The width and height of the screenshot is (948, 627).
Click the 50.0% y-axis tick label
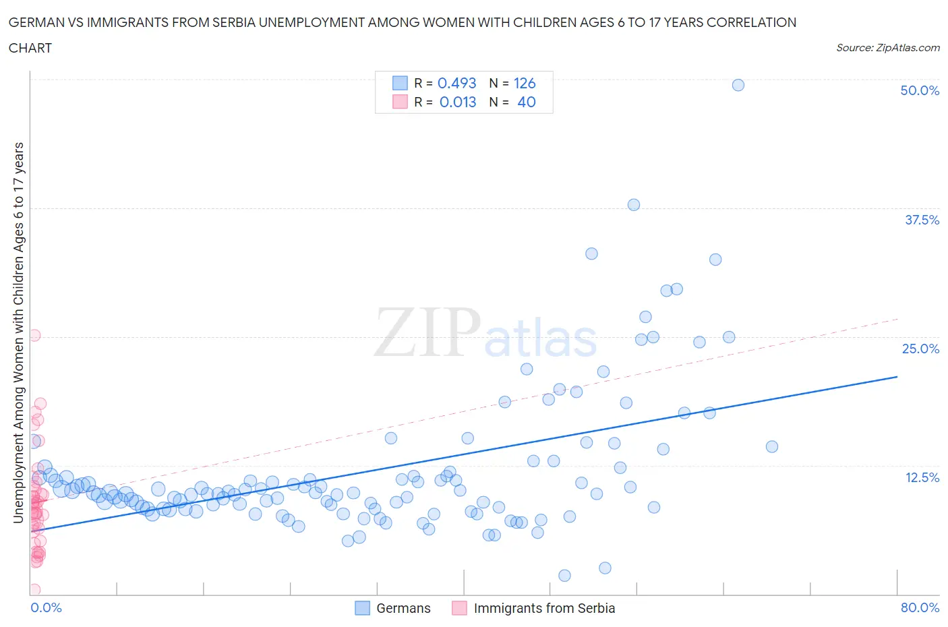pyautogui.click(x=920, y=90)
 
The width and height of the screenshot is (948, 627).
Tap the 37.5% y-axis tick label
pyautogui.click(x=922, y=220)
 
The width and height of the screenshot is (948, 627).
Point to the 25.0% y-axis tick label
pyautogui.click(x=920, y=349)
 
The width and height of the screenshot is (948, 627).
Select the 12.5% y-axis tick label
pyautogui.click(x=922, y=477)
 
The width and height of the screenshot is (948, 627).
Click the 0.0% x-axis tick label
pyautogui.click(x=46, y=607)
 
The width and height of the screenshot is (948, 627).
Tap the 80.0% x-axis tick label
pyautogui.click(x=920, y=607)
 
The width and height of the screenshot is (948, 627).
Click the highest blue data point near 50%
pyautogui.click(x=738, y=85)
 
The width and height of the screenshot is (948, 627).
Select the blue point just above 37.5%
pyautogui.click(x=633, y=205)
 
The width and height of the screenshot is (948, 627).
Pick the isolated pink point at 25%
pyautogui.click(x=34, y=335)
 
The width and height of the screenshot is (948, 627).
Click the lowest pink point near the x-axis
pyautogui.click(x=34, y=590)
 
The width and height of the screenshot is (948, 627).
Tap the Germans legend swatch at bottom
pyautogui.click(x=363, y=608)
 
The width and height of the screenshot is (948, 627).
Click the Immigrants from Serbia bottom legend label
pyautogui.click(x=544, y=608)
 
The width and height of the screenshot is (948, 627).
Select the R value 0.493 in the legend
pyautogui.click(x=456, y=83)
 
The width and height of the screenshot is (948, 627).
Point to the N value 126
pyautogui.click(x=524, y=83)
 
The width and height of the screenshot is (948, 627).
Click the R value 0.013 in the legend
pyautogui.click(x=457, y=102)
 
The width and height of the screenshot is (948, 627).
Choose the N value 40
pyautogui.click(x=526, y=102)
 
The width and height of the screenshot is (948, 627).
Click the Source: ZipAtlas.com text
pyautogui.click(x=887, y=48)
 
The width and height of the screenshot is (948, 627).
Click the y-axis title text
pyautogui.click(x=19, y=332)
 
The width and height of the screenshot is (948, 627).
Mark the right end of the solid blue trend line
pyautogui.click(x=897, y=377)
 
